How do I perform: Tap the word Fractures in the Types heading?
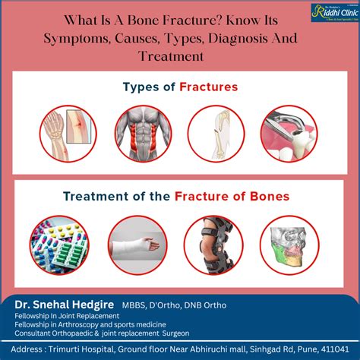tap(209, 87)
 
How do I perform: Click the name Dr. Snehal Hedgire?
tap(59, 304)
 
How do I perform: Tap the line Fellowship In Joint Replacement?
tap(68, 316)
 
